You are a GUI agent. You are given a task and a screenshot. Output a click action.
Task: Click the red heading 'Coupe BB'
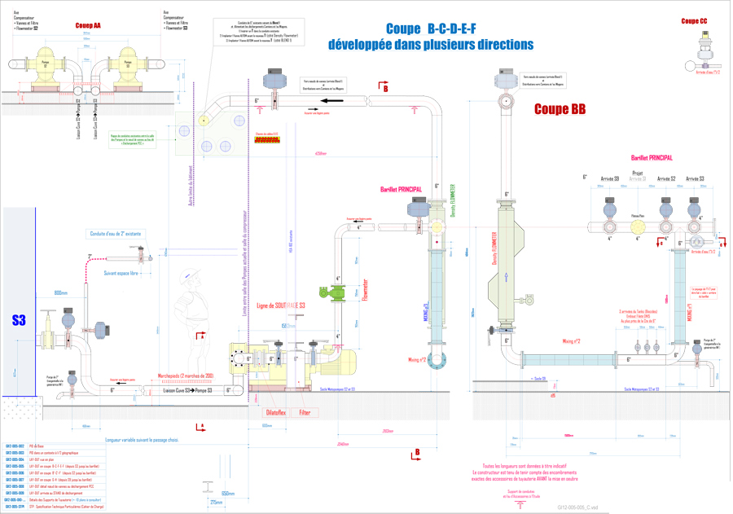[x=561, y=108]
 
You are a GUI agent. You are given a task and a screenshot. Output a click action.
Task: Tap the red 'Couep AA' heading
[x=88, y=26]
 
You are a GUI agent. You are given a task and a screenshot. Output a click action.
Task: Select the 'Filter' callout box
[x=305, y=413]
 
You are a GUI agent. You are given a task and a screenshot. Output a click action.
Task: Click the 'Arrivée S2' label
[x=667, y=178]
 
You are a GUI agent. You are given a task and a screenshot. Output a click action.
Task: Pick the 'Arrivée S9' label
[x=610, y=178]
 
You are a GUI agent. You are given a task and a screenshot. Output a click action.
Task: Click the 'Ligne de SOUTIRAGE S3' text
[x=282, y=305]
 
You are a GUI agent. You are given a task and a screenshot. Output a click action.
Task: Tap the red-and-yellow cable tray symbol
[x=267, y=140]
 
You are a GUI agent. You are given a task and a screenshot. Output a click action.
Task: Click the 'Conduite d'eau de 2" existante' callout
[x=116, y=235]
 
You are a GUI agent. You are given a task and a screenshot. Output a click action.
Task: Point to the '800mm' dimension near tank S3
[x=61, y=292]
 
